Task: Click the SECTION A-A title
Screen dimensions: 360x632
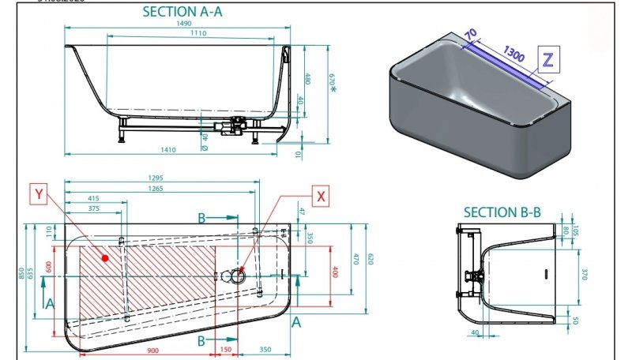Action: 180,12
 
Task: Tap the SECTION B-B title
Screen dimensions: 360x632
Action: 502,212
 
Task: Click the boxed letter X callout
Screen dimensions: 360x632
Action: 321,196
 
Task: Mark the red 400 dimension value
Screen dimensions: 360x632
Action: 335,272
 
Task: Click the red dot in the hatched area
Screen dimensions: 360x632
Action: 104,258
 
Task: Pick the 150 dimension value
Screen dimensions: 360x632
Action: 226,350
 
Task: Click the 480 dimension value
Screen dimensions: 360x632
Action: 308,80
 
